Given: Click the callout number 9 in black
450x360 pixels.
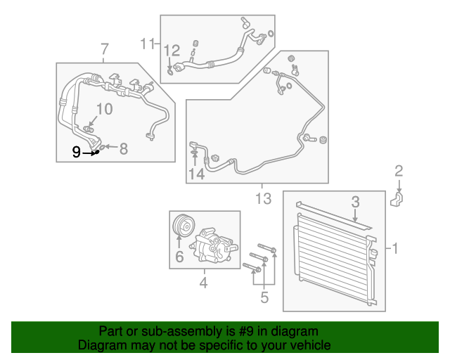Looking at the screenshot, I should click(x=76, y=151).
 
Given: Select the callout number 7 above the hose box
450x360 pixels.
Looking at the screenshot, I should click(x=105, y=49).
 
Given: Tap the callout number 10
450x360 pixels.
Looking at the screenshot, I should click(x=103, y=108).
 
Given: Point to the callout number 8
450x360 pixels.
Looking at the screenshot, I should click(x=123, y=148).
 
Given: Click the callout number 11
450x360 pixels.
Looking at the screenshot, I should click(x=146, y=44).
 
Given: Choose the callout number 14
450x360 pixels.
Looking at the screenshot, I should click(x=195, y=174).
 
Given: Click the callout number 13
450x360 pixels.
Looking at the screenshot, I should click(x=262, y=199).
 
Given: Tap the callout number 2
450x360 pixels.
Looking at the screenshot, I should click(x=399, y=169).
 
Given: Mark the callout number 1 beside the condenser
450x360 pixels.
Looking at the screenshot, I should click(x=395, y=248).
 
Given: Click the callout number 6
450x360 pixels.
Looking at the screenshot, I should click(x=179, y=257).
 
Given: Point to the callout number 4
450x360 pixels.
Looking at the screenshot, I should click(x=203, y=283).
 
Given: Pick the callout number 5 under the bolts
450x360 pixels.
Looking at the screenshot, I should click(x=264, y=297).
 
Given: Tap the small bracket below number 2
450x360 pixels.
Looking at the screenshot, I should click(x=397, y=200).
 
